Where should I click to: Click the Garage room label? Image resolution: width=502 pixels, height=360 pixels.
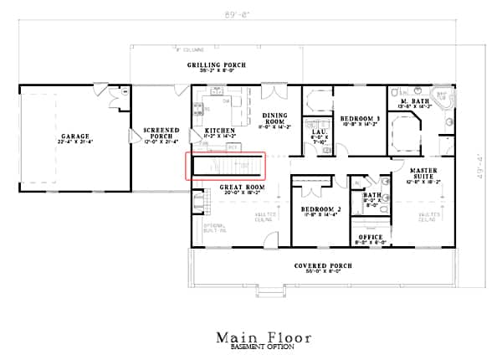click(x=74, y=135)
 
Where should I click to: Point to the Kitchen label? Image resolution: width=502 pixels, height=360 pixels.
click(x=220, y=131)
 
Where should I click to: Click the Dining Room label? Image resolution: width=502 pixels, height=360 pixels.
click(x=275, y=119)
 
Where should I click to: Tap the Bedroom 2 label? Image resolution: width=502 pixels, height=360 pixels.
click(x=318, y=208)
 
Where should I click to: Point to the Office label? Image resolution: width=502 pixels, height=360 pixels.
click(x=370, y=237)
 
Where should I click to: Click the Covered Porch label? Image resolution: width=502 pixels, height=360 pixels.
click(x=322, y=265)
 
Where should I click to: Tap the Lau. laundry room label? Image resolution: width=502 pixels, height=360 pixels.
click(x=318, y=132)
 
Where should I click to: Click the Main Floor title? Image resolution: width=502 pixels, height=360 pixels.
click(x=264, y=337)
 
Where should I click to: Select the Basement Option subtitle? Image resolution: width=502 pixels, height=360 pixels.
click(x=264, y=347)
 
